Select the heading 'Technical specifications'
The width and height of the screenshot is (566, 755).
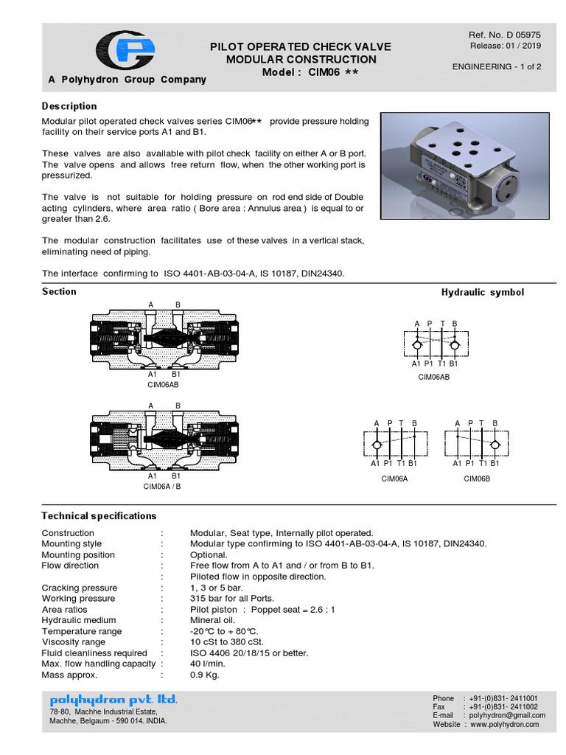click(99, 515)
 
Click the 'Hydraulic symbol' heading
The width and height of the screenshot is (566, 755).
click(482, 292)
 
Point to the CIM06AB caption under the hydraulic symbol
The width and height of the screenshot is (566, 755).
click(434, 376)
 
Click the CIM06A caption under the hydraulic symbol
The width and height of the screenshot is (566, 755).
click(394, 478)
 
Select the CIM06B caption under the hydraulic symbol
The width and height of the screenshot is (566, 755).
click(477, 478)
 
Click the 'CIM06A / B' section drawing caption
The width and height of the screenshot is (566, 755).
click(162, 487)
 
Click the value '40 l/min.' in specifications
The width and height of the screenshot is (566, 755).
click(209, 664)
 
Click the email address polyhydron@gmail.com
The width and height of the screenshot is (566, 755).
click(503, 715)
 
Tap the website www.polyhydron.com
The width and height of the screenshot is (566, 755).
click(504, 724)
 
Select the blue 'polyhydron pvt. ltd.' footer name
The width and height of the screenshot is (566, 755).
click(113, 699)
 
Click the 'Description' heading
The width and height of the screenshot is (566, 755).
click(69, 106)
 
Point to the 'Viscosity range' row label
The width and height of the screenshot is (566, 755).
click(73, 642)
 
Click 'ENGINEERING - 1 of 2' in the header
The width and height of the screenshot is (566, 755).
click(497, 67)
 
